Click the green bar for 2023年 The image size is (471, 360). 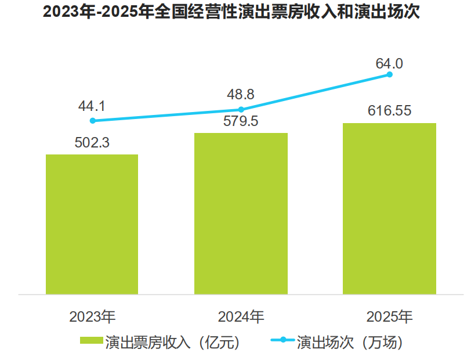click(92, 224)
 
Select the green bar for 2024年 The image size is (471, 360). click(241, 214)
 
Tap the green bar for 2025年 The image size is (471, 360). click(389, 208)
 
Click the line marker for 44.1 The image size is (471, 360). click(92, 121)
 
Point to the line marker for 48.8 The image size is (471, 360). click(241, 109)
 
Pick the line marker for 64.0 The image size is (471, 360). click(390, 74)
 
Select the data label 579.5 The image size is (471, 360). click(241, 122)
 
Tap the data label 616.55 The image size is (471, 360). click(390, 111)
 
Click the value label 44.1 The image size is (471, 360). click(92, 106)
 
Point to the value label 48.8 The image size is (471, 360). click(241, 94)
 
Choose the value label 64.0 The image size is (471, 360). click(389, 63)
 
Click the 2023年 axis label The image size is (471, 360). click(93, 317)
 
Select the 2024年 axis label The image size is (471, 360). click(241, 317)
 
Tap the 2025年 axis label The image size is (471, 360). click(390, 317)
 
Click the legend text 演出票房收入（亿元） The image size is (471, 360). click(172, 342)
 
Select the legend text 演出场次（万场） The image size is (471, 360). click(349, 342)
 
